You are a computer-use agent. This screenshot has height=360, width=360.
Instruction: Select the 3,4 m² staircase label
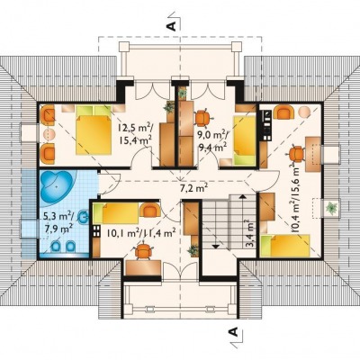click(249, 233)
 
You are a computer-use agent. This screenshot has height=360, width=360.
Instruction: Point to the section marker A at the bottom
click(233, 331)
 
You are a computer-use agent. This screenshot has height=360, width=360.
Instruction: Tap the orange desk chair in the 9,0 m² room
click(202, 118)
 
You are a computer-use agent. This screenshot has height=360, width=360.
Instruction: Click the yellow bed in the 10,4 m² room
click(285, 246)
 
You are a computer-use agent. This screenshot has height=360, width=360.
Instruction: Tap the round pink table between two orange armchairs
click(48, 134)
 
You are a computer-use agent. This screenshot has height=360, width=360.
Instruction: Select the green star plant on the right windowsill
click(331, 208)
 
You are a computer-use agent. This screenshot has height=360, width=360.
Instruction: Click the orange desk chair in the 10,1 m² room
click(143, 251)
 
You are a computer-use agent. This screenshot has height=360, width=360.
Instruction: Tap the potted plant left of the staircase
click(193, 250)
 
